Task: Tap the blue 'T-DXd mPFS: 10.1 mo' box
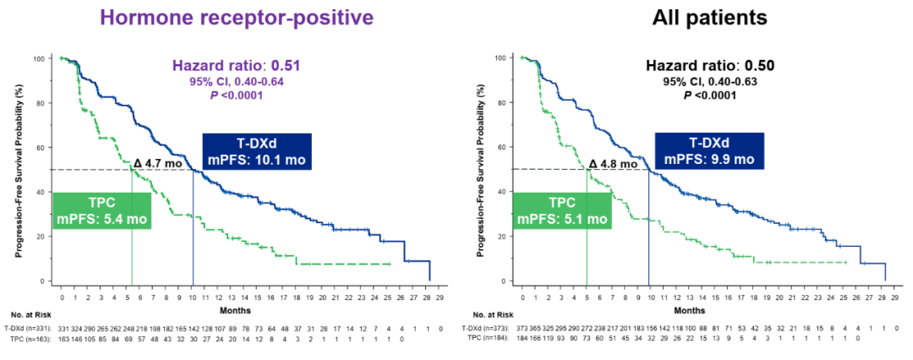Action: coord(257,151)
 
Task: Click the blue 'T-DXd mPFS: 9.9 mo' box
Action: coord(710,151)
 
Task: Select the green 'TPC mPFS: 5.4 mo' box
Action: coord(102,211)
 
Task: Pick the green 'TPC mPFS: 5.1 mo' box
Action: coord(562,211)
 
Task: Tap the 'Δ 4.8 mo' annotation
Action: coord(613,164)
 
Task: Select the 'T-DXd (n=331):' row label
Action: coord(28,327)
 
